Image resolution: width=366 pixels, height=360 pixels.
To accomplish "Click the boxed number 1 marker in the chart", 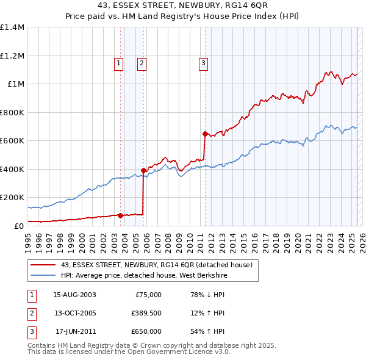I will [x=118, y=62].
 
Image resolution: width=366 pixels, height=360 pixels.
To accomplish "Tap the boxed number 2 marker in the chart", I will [x=142, y=62].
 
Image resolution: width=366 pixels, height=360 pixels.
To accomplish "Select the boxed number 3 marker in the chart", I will [x=203, y=62].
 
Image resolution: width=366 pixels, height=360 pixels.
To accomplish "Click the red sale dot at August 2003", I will [x=120, y=215].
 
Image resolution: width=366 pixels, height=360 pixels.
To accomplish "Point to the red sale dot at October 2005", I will [x=143, y=171].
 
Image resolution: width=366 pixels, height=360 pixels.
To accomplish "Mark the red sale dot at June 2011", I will [x=204, y=134].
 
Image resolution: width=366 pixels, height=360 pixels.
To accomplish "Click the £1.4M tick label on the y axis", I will [x=12, y=27].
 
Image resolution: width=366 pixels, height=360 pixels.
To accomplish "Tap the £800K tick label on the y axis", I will [x=12, y=112].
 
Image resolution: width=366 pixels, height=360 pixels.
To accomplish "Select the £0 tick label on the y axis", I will [x=18, y=226].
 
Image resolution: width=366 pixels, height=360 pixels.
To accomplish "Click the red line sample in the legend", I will [x=43, y=265].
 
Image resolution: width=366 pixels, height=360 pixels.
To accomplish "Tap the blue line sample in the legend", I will [x=43, y=275].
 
